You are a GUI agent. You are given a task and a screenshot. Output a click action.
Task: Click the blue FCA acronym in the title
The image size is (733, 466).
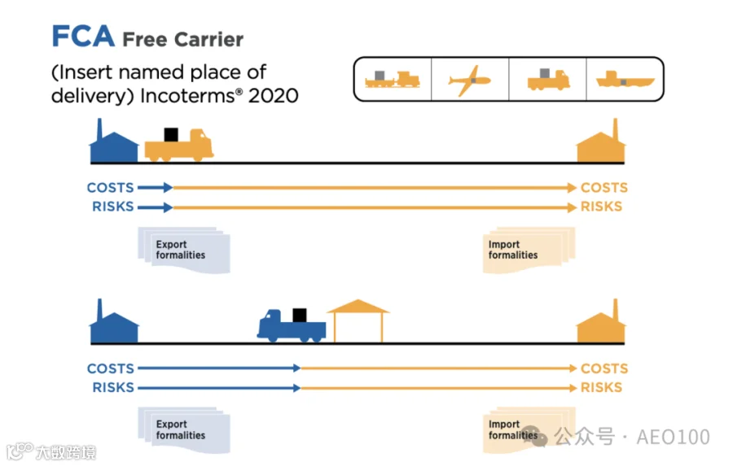pyautogui.click(x=83, y=36)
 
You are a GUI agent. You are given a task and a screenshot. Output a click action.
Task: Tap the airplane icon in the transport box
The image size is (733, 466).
pyautogui.click(x=469, y=81)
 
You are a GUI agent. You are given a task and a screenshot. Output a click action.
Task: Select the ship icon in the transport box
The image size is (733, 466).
pyautogui.click(x=625, y=80)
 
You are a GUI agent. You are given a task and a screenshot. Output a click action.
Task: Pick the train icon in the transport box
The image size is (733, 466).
pyautogui.click(x=393, y=79)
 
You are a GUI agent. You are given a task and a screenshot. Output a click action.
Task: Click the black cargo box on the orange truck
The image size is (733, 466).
pyautogui.click(x=171, y=134)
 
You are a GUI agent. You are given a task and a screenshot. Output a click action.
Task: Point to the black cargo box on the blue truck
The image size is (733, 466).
pyautogui.click(x=300, y=316)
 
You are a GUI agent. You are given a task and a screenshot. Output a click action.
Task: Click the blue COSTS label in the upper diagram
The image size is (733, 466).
pyautogui.click(x=110, y=188)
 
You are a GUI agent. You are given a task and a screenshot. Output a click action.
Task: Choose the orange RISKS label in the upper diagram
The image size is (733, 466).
pyautogui.click(x=601, y=207)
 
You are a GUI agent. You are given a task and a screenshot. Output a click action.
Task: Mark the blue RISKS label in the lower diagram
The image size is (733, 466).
pyautogui.click(x=113, y=388)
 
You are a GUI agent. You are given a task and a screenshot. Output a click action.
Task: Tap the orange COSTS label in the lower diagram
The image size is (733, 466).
pyautogui.click(x=604, y=368)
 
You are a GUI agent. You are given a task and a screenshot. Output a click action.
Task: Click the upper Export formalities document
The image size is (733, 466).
pyautogui.click(x=184, y=250)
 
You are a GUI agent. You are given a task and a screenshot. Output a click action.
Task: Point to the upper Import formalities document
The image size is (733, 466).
pyautogui.click(x=529, y=250)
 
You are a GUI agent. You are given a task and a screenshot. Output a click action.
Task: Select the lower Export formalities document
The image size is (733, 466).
pyautogui.click(x=184, y=430)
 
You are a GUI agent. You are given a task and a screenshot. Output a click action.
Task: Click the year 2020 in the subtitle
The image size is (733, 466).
pyautogui.click(x=273, y=96)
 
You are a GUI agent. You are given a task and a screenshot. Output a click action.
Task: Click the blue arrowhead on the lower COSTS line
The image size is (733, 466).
pyautogui.click(x=296, y=368)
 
